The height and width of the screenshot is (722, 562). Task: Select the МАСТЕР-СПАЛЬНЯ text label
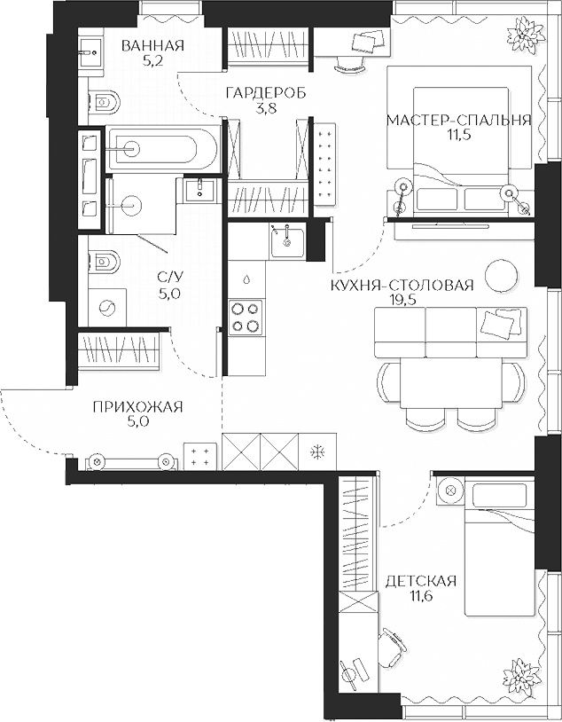click(458, 121)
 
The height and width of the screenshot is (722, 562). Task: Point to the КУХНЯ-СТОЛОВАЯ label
click(402, 285)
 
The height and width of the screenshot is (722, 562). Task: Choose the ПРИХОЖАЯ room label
click(137, 407)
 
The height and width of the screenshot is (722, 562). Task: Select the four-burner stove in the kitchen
click(246, 317)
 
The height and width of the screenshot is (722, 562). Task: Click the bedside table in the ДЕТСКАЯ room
click(449, 490)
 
